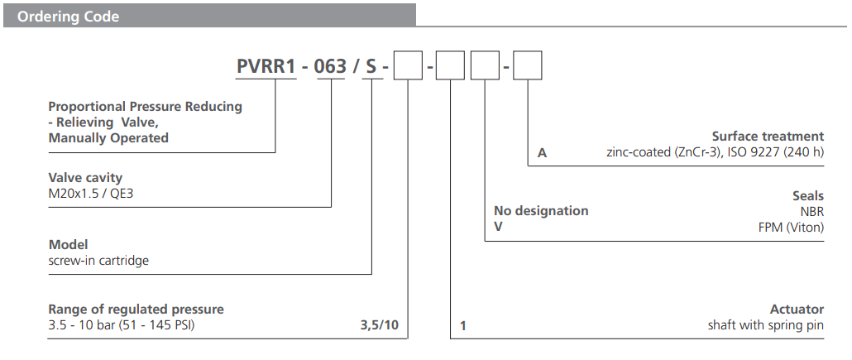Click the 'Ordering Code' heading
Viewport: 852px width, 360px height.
(x=68, y=17)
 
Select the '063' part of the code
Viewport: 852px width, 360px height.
(x=330, y=66)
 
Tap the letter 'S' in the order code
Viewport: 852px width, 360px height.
(x=371, y=66)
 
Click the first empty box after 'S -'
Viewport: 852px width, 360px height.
(x=408, y=65)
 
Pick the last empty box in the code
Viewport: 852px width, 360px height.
(x=527, y=65)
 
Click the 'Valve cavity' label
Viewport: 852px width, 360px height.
(x=85, y=178)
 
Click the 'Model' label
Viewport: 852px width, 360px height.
(x=68, y=245)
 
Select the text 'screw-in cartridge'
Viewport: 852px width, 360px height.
(x=98, y=260)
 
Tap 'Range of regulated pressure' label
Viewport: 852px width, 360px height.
(x=136, y=310)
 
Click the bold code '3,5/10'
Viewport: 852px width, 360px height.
(x=379, y=325)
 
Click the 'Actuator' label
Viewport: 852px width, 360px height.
(x=798, y=310)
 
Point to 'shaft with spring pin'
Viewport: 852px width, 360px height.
(x=766, y=325)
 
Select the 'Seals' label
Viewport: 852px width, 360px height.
(x=807, y=195)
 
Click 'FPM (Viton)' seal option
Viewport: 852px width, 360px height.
(x=790, y=227)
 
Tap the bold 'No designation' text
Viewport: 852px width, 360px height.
(x=541, y=211)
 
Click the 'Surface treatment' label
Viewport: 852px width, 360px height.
(x=768, y=136)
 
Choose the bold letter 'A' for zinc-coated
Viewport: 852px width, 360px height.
(x=542, y=153)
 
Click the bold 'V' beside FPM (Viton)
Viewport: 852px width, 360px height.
(x=498, y=227)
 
